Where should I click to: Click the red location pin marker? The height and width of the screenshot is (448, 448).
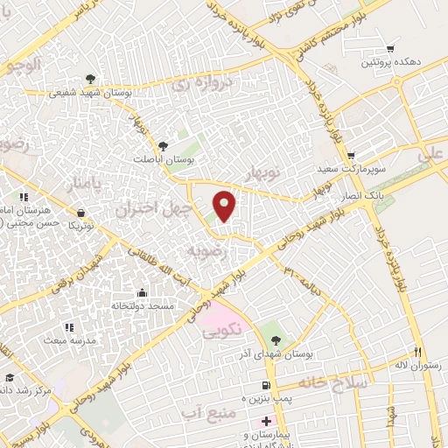pyautogui.click(x=226, y=206)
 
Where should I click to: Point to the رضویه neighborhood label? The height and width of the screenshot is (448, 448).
pyautogui.click(x=208, y=252)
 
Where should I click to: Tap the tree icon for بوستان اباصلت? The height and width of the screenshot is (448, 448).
pyautogui.click(x=163, y=146)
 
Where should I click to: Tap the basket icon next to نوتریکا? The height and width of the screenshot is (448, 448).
pyautogui.click(x=81, y=212)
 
